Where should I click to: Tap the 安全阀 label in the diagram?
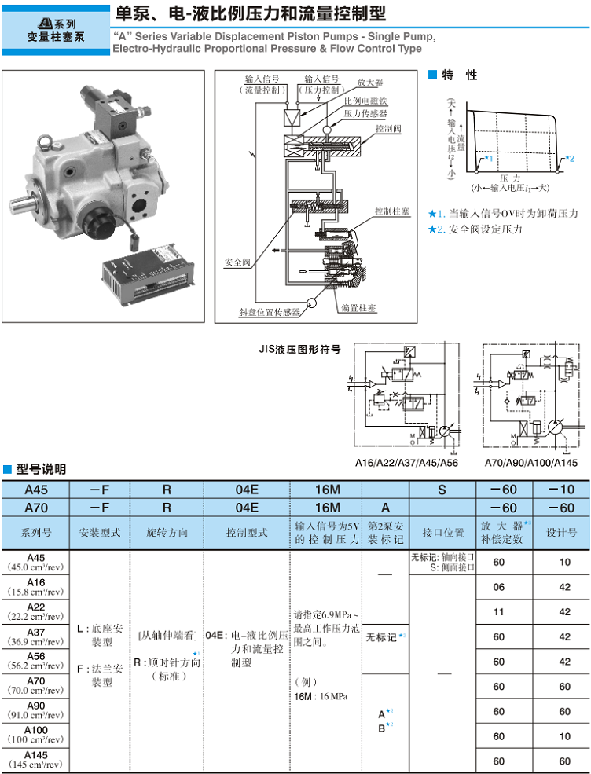237,262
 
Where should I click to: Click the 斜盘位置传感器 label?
270,312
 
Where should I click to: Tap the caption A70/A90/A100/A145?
530,463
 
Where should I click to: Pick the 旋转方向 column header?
167,532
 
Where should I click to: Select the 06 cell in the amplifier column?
498,586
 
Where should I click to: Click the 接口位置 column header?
442,532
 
